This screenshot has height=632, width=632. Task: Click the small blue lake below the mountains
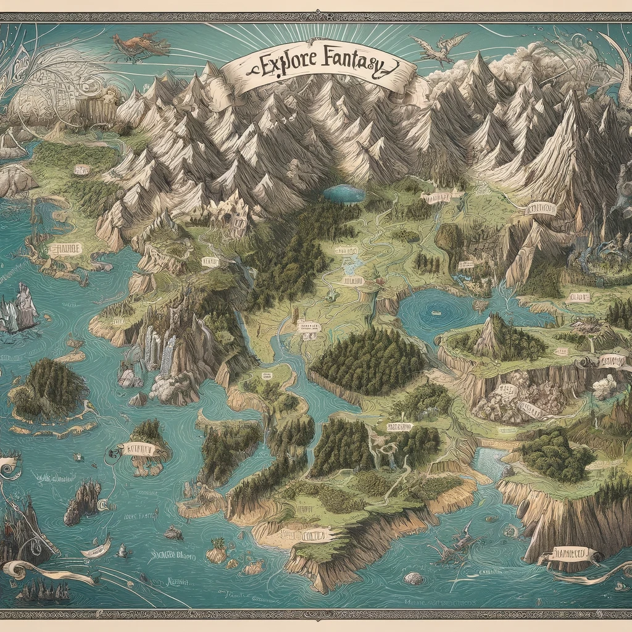coord(344,193)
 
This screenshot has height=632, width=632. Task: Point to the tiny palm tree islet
coord(217,549)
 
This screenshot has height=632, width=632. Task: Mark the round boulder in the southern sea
coord(414,578)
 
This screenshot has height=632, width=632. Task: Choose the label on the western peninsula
coord(64,249)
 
